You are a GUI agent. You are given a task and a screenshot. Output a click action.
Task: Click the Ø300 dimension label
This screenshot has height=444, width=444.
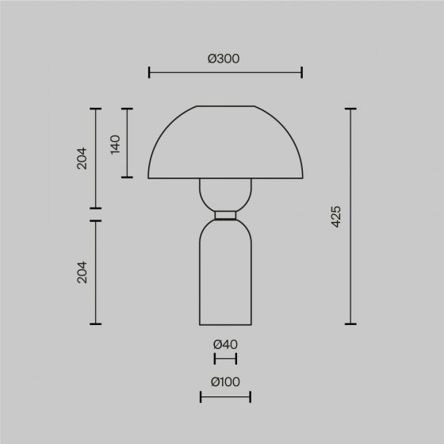(x=224, y=59)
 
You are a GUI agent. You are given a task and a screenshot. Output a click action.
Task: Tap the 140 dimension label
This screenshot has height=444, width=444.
(x=115, y=144)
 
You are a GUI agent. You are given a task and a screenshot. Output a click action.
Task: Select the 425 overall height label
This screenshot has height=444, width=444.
(x=336, y=216)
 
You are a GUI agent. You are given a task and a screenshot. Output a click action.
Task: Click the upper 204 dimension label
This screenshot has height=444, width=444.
(x=82, y=159)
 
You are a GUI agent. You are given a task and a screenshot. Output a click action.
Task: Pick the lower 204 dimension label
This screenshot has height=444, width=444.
(x=82, y=273)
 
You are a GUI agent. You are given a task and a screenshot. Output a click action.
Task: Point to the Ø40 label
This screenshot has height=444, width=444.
(x=225, y=344)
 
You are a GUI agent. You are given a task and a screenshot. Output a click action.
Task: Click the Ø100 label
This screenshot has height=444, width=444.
(x=225, y=382)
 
